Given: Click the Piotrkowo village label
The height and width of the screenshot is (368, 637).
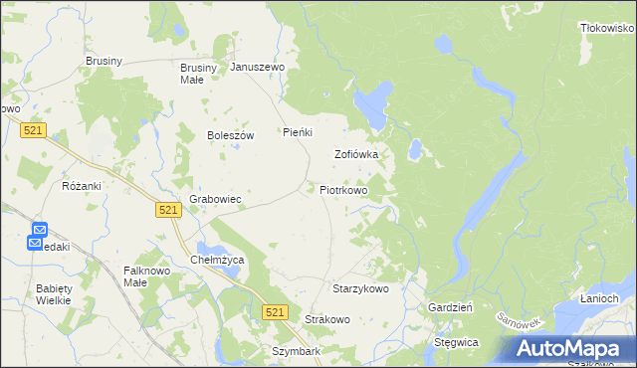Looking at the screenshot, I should (343, 189).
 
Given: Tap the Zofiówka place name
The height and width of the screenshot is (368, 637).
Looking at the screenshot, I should (356, 155).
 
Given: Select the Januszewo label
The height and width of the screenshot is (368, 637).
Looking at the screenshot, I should (258, 68).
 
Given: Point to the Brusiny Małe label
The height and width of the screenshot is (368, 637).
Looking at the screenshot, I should (191, 74).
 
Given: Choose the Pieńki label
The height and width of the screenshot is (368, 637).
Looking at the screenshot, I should (299, 132).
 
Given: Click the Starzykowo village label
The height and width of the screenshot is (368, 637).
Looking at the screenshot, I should (360, 288).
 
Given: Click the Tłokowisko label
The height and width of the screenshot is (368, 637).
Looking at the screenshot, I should (607, 29).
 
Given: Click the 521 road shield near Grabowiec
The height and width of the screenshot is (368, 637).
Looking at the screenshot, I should (167, 209).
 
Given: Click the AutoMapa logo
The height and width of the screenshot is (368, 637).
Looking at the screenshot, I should (570, 348).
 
